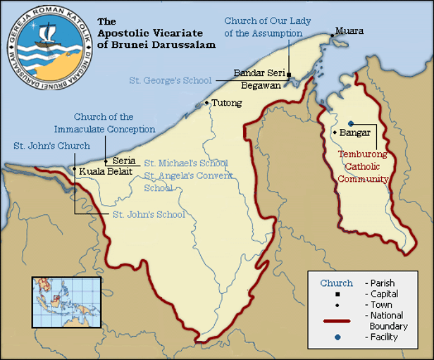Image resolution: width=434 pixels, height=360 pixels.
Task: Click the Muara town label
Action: pyautogui.click(x=349, y=31)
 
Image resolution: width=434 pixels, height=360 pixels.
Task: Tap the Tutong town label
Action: pyautogui.click(x=226, y=103)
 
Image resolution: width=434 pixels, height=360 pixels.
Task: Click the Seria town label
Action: pyautogui.click(x=123, y=160)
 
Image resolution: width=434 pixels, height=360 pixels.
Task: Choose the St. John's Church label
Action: pyautogui.click(x=51, y=146)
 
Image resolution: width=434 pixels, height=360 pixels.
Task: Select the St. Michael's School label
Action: pyautogui.click(x=186, y=163)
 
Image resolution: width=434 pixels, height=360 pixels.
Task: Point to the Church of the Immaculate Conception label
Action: pyautogui.click(x=105, y=123)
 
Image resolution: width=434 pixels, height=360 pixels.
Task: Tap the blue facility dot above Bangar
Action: pyautogui.click(x=350, y=120)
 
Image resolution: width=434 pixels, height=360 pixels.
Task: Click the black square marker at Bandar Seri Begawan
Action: pyautogui.click(x=289, y=73)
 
